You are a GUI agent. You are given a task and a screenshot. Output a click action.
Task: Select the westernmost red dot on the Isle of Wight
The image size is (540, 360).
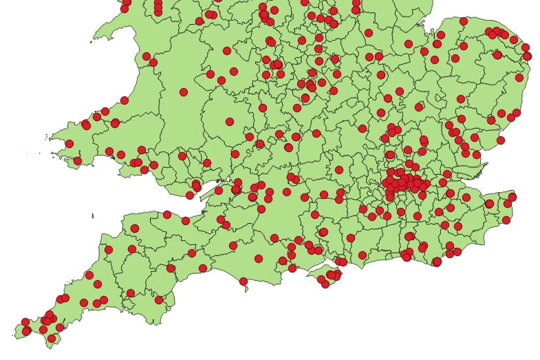tap(321, 279)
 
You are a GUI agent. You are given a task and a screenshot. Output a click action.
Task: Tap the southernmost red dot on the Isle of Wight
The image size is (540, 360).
tap(325, 284)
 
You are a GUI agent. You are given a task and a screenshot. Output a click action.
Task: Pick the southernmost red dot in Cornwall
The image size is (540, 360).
tap(51, 338)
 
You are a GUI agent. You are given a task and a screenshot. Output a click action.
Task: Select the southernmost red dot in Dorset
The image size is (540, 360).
tap(243, 281)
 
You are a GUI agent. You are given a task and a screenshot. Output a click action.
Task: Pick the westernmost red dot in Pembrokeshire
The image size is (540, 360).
tap(69, 144)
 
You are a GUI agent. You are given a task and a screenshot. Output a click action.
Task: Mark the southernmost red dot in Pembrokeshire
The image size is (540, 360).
tap(78, 161)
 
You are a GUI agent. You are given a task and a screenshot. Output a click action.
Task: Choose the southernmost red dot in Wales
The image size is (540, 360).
tap(190, 195)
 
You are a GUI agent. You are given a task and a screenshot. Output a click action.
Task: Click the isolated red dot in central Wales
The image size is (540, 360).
tap(184, 92)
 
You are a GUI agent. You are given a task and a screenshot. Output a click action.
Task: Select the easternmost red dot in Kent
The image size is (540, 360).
tap(512, 197)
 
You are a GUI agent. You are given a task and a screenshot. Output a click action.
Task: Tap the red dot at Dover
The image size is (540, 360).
tap(506, 220)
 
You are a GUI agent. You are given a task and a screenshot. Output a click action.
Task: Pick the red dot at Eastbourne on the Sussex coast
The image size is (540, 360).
tap(437, 262)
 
